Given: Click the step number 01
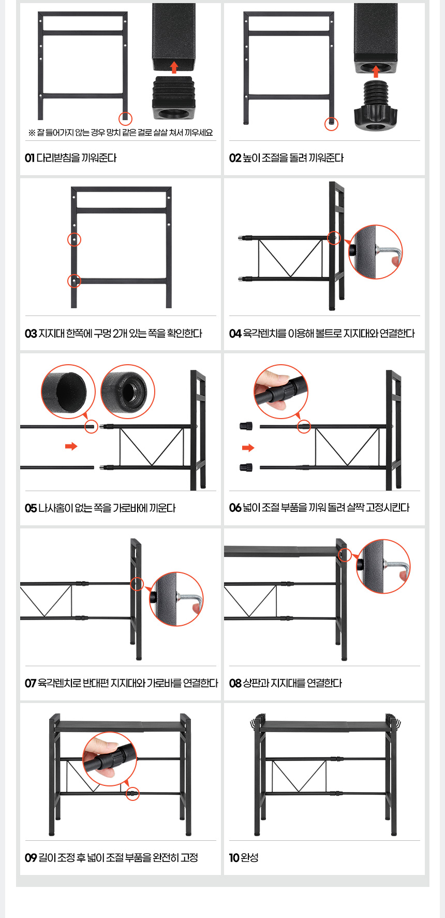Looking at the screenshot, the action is pyautogui.click(x=29, y=158).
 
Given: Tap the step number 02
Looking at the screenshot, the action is pyautogui.click(x=235, y=158).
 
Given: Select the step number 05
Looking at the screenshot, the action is pyautogui.click(x=31, y=508).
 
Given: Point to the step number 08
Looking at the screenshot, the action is pyautogui.click(x=235, y=683).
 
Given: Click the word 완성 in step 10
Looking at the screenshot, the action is pyautogui.click(x=249, y=858).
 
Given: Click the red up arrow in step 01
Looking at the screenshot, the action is pyautogui.click(x=174, y=67).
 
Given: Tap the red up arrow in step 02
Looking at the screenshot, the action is pyautogui.click(x=376, y=71).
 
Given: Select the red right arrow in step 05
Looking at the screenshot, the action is pyautogui.click(x=71, y=446).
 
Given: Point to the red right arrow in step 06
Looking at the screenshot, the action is pyautogui.click(x=248, y=448).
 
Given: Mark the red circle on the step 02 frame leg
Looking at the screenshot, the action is pyautogui.click(x=331, y=124).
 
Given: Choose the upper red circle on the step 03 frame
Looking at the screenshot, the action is pyautogui.click(x=75, y=239).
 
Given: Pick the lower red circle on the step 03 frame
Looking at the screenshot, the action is pyautogui.click(x=75, y=281).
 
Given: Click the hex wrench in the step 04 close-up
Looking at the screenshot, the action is pyautogui.click(x=388, y=253).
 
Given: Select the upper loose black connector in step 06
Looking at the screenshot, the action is pyautogui.click(x=246, y=426).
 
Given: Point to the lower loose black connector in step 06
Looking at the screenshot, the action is pyautogui.click(x=246, y=468).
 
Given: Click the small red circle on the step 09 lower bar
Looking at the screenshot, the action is pyautogui.click(x=133, y=794).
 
